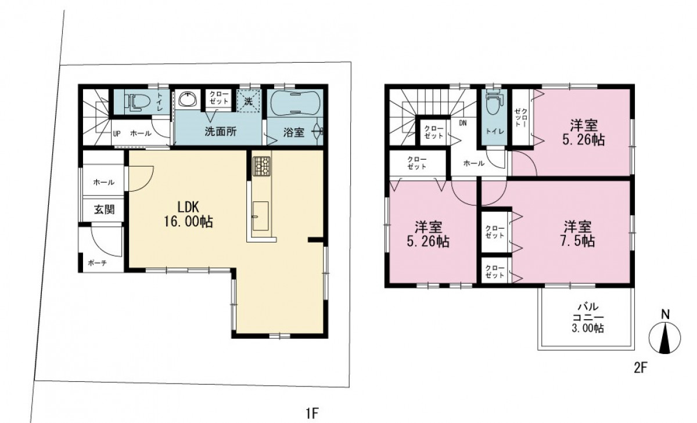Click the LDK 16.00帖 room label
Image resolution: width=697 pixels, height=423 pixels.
pyautogui.click(x=188, y=214)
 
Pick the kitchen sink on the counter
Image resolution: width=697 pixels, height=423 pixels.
pyautogui.click(x=260, y=216)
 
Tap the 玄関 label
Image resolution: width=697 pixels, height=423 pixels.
pyautogui.click(x=104, y=210)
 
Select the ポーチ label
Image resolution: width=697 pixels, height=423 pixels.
pyautogui.click(x=98, y=263)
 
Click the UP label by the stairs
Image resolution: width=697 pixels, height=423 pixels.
pyautogui.click(x=117, y=134)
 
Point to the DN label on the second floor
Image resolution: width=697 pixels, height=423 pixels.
pyautogui.click(x=463, y=123)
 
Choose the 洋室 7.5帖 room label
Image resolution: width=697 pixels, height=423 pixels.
pyautogui.click(x=578, y=234)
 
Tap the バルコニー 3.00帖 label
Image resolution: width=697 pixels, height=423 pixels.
pyautogui.click(x=588, y=317)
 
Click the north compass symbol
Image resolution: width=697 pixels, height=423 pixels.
pyautogui.click(x=665, y=338)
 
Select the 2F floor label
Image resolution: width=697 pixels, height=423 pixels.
pyautogui.click(x=640, y=368)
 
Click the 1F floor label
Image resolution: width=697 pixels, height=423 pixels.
pyautogui.click(x=312, y=413)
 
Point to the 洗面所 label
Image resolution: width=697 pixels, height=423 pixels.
pyautogui.click(x=220, y=132)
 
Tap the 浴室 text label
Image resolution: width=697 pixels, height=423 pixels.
pyautogui.click(x=294, y=132)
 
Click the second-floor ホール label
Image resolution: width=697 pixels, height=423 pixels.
pyautogui.click(x=474, y=163)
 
